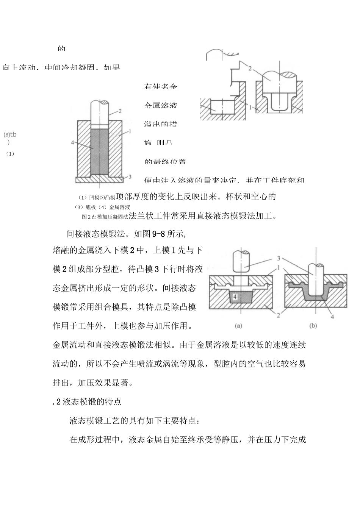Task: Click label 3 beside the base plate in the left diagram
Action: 130,176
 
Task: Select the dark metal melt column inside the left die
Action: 100,151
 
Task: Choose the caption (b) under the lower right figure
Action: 313,325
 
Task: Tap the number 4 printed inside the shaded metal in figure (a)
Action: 235,297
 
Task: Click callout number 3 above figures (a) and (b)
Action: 279,258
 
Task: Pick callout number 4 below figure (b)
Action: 332,317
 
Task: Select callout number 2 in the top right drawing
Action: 250,69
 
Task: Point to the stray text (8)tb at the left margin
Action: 10,134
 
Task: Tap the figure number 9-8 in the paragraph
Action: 158,234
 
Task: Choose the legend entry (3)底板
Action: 86,207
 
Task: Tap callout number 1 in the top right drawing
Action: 250,107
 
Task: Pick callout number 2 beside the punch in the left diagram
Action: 120,111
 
